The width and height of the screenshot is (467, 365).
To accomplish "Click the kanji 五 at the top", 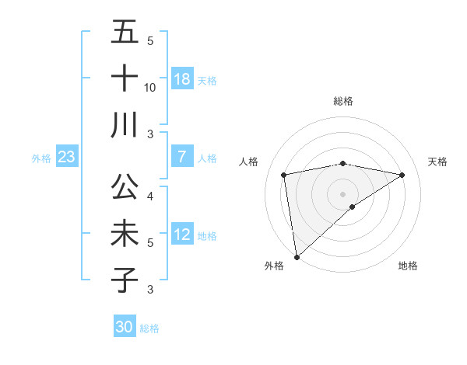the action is pos(125,33).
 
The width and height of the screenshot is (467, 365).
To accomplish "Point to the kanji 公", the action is pos(125,188).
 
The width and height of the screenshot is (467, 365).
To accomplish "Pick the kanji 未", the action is pos(125,234).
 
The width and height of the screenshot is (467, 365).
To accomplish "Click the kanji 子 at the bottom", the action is pos(125,280).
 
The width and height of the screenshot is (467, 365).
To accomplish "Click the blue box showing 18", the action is pos(182,79).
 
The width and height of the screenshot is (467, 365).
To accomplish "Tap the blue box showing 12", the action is pos(182,235).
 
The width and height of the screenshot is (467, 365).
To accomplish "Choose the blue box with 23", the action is pos(67,158).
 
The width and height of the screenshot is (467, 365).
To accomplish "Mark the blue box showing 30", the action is pos(125,327).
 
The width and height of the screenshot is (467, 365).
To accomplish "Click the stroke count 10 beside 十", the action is pos(150,88).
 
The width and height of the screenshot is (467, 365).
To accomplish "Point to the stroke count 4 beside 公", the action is pos(150,197).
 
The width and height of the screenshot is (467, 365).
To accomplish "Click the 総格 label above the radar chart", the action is pos(343,101).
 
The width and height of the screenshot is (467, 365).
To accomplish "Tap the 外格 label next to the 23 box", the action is pos(41,158).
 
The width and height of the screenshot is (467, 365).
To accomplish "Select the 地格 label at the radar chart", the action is pos(408,266).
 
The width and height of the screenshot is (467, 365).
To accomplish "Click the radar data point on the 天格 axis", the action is pos(402,175).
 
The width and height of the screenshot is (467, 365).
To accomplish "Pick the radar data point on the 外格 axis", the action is pos(297,256).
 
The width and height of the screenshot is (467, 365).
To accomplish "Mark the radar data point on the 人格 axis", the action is pos(284,175).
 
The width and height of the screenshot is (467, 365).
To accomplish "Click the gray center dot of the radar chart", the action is pos(343,193).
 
